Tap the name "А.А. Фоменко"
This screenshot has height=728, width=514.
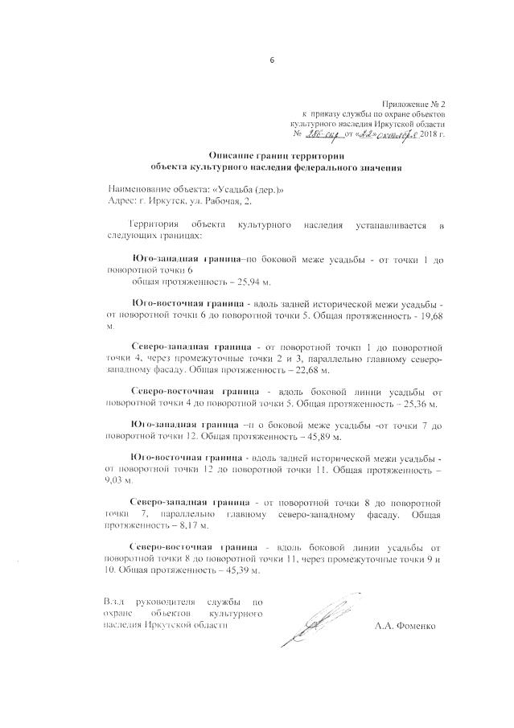pyautogui.click(x=405, y=625)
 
